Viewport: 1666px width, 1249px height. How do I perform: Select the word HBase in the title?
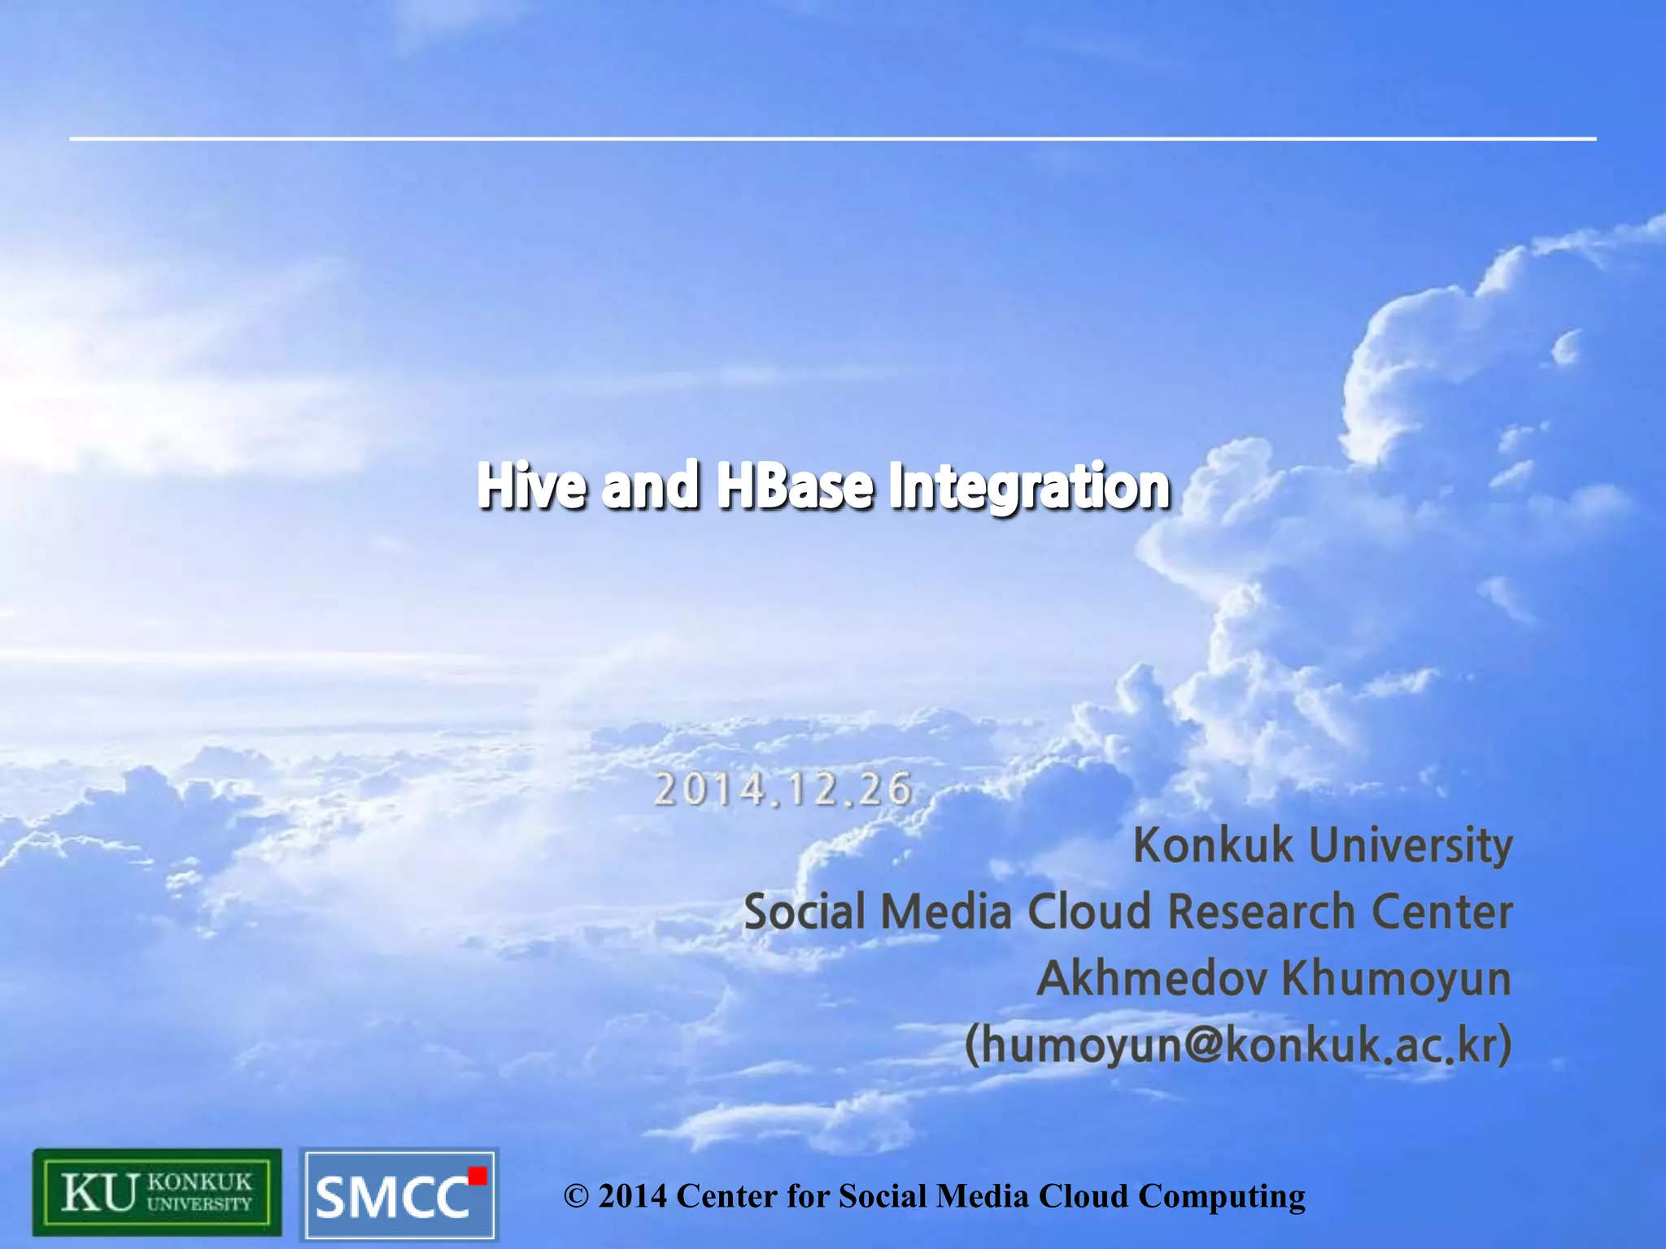[x=795, y=486]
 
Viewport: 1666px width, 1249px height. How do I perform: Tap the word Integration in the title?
[x=1029, y=486]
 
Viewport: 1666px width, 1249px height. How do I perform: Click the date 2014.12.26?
[x=783, y=790]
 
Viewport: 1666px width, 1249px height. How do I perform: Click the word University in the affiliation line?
[x=1411, y=845]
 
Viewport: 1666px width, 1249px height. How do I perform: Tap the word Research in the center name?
[x=1259, y=912]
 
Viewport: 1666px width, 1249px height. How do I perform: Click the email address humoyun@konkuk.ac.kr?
[x=1238, y=1044]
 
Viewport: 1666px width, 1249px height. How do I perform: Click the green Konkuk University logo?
[x=157, y=1192]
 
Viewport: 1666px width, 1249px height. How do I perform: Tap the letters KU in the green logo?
[x=98, y=1193]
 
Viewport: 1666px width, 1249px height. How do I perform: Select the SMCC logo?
[x=399, y=1194]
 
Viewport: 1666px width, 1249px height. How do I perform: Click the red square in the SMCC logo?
[x=478, y=1176]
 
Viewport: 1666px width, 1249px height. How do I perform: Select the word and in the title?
[x=650, y=486]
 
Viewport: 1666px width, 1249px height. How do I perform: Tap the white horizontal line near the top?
[x=833, y=139]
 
